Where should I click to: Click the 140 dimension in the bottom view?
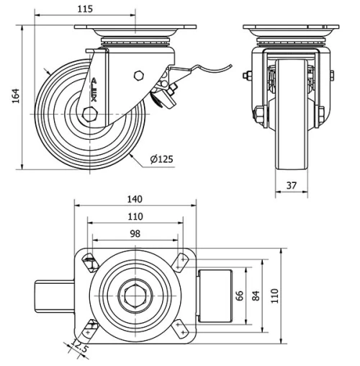[x=135, y=200]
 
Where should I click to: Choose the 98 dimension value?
[x=135, y=234]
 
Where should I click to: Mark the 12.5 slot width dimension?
[x=80, y=351]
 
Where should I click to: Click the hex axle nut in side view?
[x=89, y=115]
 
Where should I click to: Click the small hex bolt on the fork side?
[x=139, y=76]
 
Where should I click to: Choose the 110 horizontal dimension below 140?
[x=135, y=217]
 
